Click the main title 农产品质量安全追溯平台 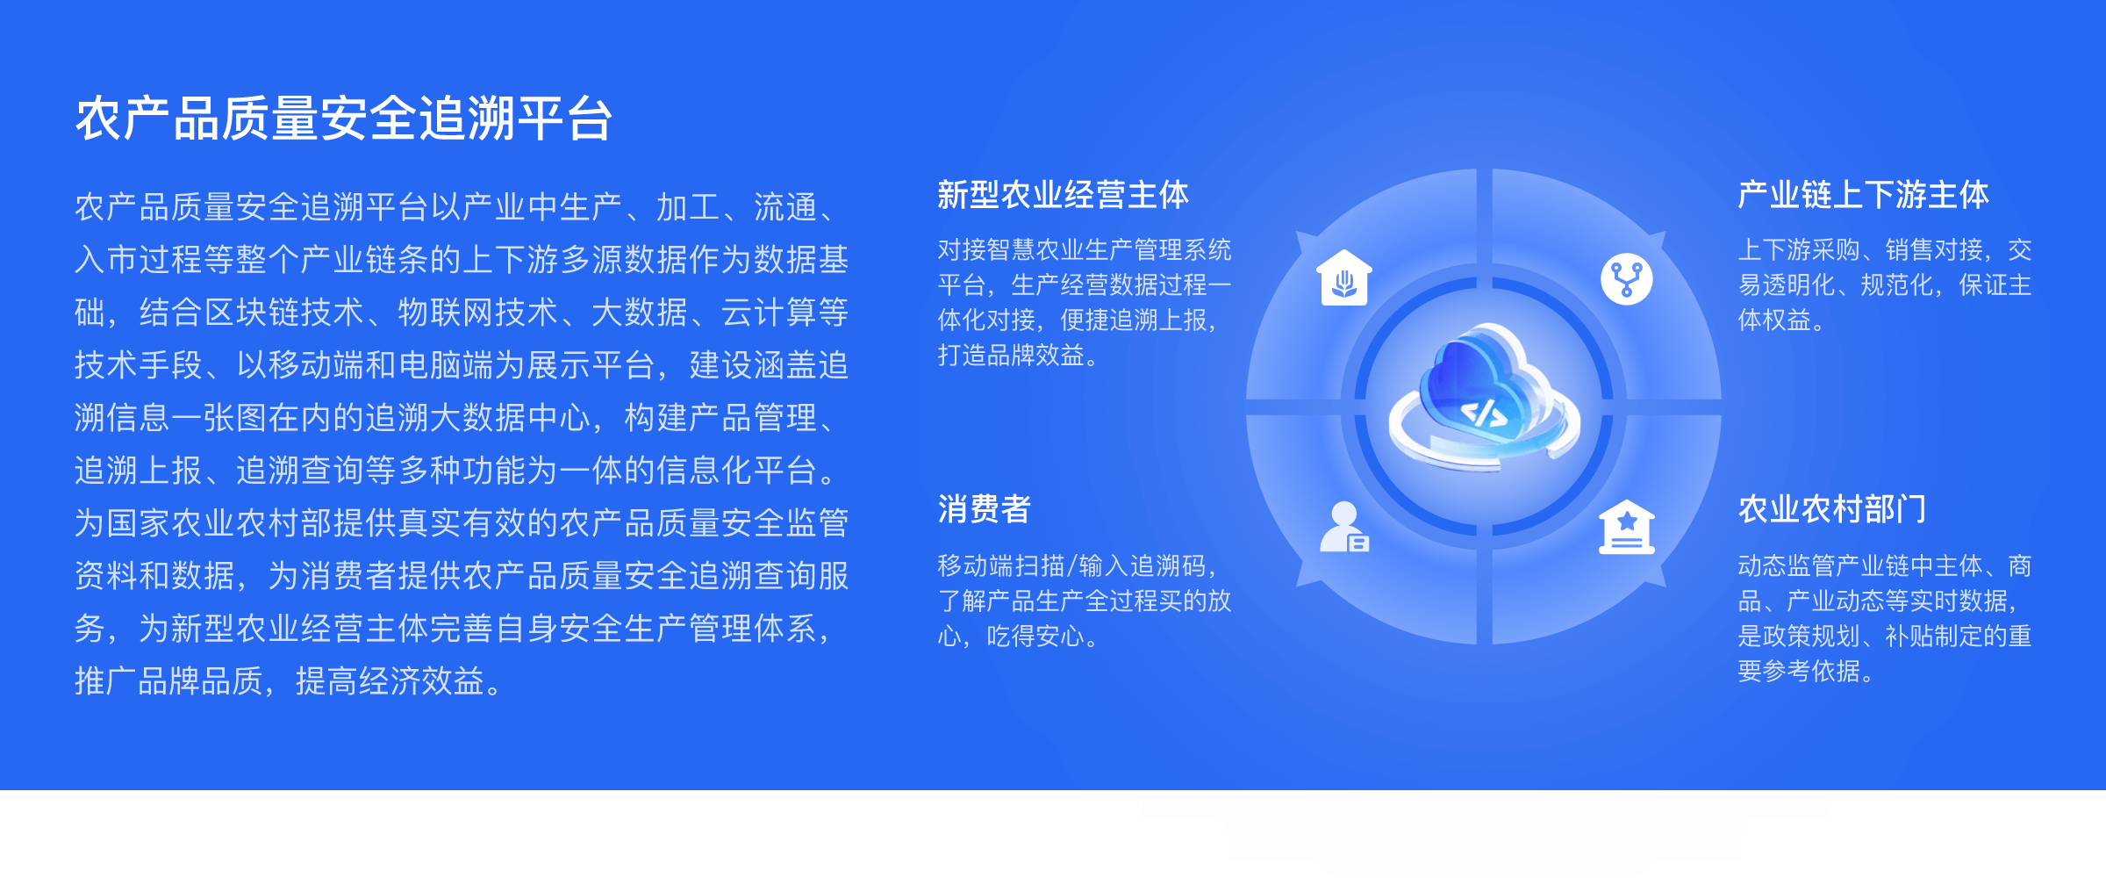tap(344, 119)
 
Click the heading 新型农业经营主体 tap(1063, 195)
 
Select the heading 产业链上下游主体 tap(1863, 195)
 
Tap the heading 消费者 tap(984, 509)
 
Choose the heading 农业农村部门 tap(1832, 509)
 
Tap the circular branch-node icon tap(1627, 279)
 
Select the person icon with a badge tap(1344, 527)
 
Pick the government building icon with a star tap(1627, 528)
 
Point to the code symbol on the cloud tap(1484, 414)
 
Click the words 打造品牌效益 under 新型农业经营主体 tap(1011, 356)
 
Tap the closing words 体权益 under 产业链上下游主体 tap(1774, 320)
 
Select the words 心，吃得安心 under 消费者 tap(1011, 637)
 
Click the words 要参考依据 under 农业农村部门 tap(1799, 672)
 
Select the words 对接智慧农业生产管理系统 tap(1085, 250)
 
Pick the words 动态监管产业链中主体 tap(1860, 566)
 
